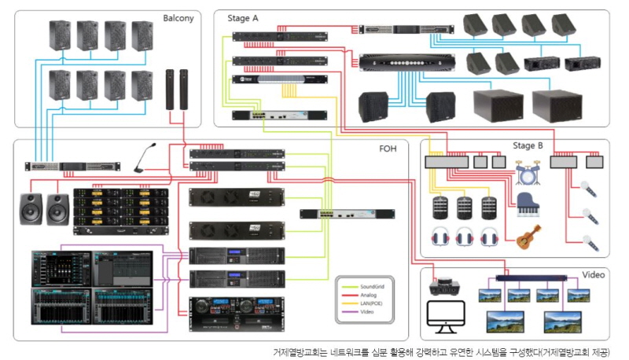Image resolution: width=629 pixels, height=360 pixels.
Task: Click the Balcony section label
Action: pos(178,17)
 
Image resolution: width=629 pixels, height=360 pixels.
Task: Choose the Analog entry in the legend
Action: pos(368,296)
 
